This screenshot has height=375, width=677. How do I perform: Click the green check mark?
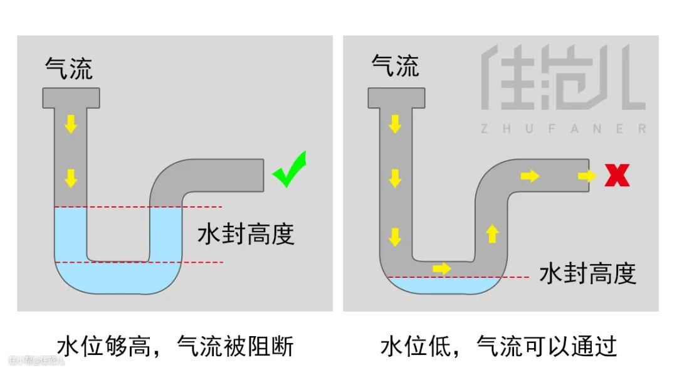tap(290, 170)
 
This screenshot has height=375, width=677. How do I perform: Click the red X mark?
tap(617, 176)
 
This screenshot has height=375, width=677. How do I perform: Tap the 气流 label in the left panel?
tap(69, 68)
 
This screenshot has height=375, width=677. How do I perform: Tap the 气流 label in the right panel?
tap(395, 65)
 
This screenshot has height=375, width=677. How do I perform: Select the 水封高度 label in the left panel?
tap(246, 235)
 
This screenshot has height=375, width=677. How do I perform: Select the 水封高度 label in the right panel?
tap(587, 273)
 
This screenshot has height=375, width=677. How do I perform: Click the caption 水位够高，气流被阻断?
tap(175, 346)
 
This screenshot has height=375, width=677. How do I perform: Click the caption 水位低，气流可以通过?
tap(499, 346)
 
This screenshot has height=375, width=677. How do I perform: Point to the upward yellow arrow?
tap(492, 233)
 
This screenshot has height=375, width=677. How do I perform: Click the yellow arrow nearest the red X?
tap(587, 176)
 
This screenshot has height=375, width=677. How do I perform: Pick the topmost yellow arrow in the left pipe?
tap(71, 124)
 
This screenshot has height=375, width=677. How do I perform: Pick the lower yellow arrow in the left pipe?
tap(71, 178)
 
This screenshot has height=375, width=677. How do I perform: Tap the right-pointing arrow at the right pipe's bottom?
tap(441, 268)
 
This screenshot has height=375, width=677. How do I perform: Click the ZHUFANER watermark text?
tap(563, 129)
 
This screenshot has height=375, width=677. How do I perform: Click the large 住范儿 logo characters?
tap(563, 78)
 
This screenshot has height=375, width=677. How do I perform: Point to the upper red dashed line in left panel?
tap(138, 207)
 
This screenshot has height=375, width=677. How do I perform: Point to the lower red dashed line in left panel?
tap(138, 262)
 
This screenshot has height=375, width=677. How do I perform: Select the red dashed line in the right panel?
tap(458, 277)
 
